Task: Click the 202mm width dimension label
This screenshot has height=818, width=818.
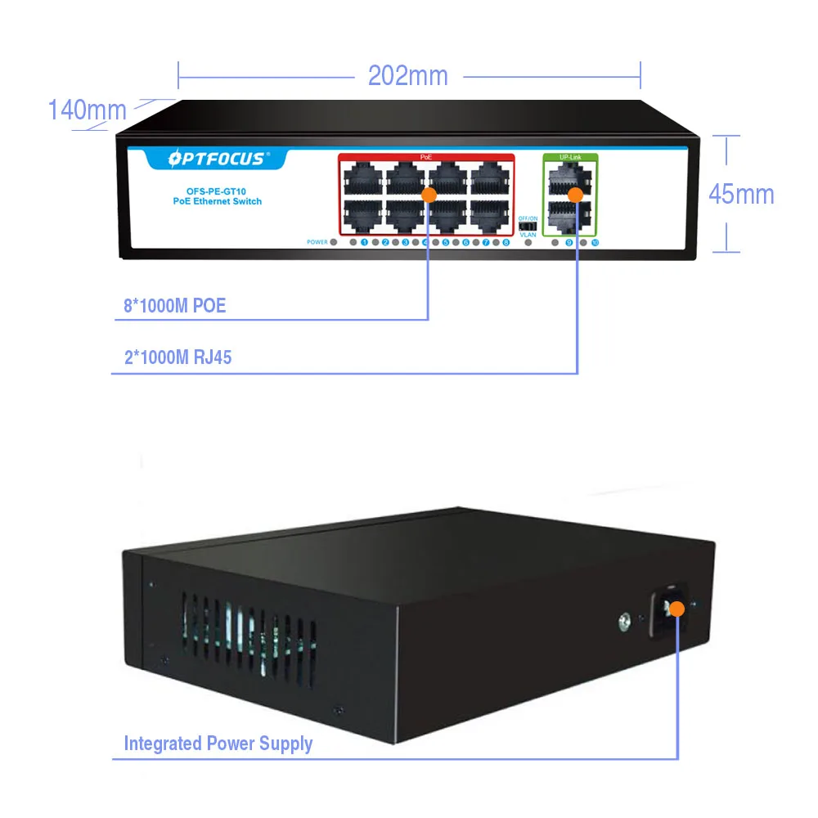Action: click(x=407, y=76)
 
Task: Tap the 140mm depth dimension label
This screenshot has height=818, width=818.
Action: click(x=87, y=110)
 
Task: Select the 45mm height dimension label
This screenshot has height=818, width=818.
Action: click(x=740, y=194)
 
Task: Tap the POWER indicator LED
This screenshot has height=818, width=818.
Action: click(x=334, y=242)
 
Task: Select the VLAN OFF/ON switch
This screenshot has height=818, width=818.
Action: click(x=528, y=226)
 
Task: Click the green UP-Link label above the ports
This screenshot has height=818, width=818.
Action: click(x=570, y=155)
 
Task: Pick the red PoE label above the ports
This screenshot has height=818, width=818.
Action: click(x=425, y=155)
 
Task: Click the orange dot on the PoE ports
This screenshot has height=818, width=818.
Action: click(x=428, y=194)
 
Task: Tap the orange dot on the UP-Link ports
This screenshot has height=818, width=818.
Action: click(x=576, y=194)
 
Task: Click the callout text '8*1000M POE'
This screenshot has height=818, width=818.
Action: click(x=174, y=307)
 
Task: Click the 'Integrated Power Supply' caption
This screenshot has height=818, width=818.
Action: click(x=218, y=744)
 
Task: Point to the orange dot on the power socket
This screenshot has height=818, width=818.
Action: click(x=676, y=609)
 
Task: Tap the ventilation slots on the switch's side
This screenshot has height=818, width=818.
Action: click(x=245, y=635)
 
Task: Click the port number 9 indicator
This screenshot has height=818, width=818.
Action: click(x=569, y=243)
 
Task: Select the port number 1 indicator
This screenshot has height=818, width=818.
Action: click(x=364, y=242)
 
